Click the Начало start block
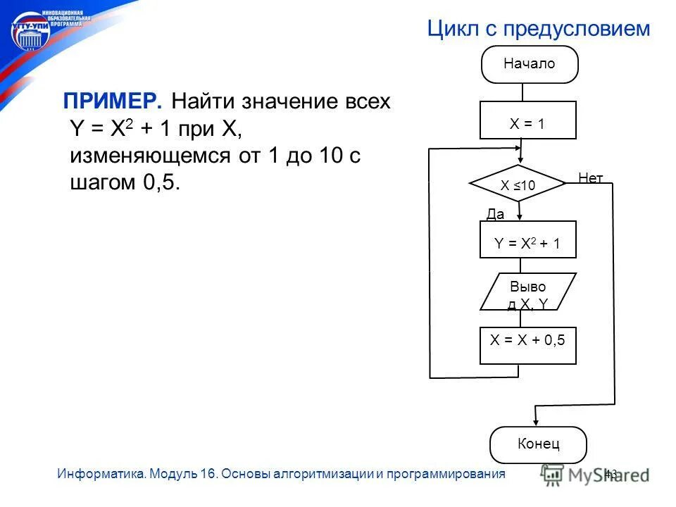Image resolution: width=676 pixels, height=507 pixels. pyautogui.click(x=529, y=64)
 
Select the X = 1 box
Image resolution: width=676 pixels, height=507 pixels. pyautogui.click(x=527, y=120)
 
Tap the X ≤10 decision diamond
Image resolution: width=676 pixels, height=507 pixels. pyautogui.click(x=518, y=184)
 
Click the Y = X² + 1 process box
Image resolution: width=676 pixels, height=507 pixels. pyautogui.click(x=527, y=240)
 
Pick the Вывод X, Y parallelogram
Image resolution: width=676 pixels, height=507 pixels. pyautogui.click(x=527, y=292)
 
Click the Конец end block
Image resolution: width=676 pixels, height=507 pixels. pyautogui.click(x=538, y=444)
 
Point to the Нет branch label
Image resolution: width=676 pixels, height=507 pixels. pyautogui.click(x=590, y=178)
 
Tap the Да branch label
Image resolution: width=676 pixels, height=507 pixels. pyautogui.click(x=496, y=215)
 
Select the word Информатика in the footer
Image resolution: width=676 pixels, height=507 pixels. pyautogui.click(x=101, y=474)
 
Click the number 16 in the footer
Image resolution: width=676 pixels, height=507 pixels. pyautogui.click(x=207, y=474)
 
